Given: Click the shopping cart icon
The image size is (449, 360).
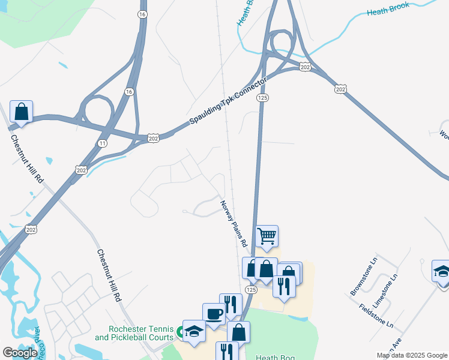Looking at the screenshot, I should click(267, 236).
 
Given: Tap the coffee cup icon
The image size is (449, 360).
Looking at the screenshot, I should click(214, 314).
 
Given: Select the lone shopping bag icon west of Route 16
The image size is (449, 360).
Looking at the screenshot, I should click(21, 112).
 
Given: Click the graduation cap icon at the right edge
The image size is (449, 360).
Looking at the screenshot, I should click(442, 271).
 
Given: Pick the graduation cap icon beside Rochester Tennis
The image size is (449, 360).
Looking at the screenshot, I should click(194, 331).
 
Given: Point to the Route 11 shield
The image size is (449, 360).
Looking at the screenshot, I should click(102, 143).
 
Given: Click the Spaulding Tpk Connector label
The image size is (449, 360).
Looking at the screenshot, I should click(228, 101).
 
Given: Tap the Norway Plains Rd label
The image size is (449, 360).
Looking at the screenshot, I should click(234, 224).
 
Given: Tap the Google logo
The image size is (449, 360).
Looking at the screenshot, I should click(20, 353).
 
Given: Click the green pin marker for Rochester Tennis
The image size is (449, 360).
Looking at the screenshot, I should click(179, 331).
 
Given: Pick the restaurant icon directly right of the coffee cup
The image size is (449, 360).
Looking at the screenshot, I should click(231, 304).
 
